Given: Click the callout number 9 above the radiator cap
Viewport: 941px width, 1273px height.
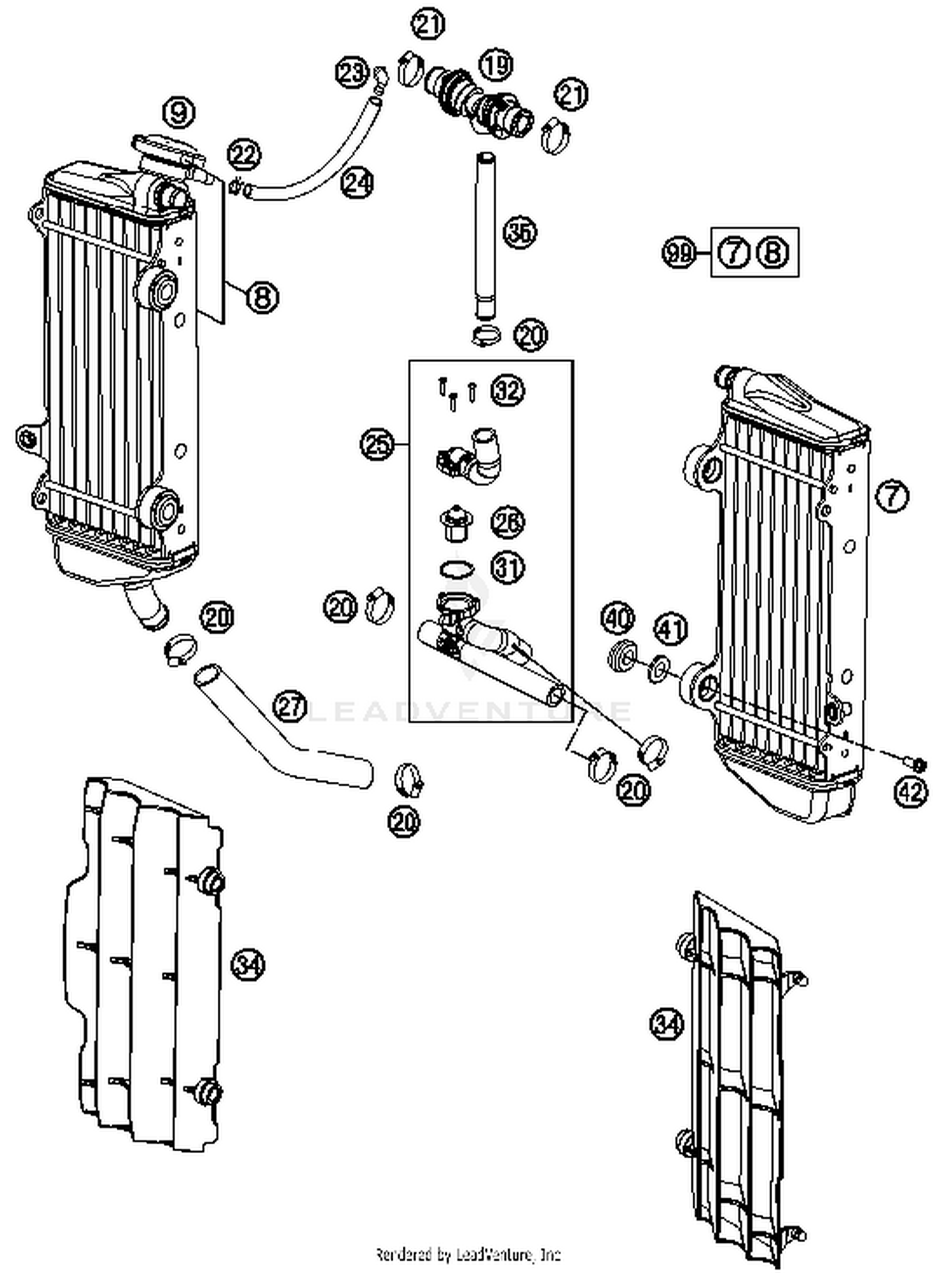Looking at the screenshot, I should [179, 113].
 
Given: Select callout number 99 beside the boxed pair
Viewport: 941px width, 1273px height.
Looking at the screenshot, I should [679, 253].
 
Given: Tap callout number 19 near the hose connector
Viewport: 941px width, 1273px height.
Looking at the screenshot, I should [496, 65].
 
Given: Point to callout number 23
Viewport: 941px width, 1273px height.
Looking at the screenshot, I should [351, 73].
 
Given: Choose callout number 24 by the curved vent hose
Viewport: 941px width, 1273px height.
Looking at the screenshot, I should [358, 183].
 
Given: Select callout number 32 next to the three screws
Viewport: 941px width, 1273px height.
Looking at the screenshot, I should [508, 391].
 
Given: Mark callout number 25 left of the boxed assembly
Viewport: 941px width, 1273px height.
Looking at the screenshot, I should [376, 445].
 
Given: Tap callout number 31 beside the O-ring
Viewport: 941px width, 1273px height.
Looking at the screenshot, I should [508, 568].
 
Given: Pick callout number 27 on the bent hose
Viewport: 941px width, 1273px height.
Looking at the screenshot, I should [290, 707].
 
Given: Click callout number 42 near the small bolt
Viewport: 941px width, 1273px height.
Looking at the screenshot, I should [910, 792].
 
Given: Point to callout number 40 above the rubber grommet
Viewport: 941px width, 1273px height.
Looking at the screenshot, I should [618, 619].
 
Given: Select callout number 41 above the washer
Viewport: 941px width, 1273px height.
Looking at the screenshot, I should [671, 629].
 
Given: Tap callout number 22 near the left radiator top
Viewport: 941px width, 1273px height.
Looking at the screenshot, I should [244, 154].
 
